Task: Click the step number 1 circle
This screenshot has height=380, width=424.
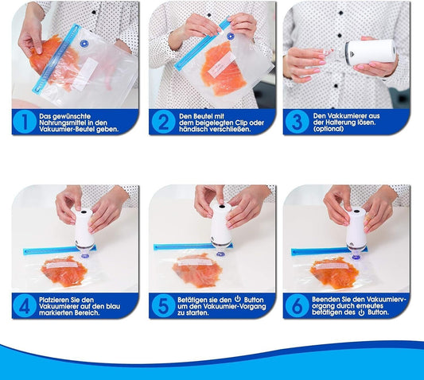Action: pos(25,122)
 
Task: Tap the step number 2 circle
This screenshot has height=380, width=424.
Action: pos(163,122)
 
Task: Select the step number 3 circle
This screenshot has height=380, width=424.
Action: pos(298,122)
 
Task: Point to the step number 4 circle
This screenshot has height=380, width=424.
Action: pos(25,306)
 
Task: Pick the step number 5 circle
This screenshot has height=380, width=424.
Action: pos(163,306)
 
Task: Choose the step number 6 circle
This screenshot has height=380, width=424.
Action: pos(298,306)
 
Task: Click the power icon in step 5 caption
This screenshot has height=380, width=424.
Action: pos(238,299)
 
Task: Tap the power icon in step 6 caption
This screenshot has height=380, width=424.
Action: pos(361,312)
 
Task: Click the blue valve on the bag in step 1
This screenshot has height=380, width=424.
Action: pos(84,44)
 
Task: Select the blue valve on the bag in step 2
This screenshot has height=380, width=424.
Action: pos(231,36)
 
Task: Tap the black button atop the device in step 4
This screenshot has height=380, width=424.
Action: pos(84,211)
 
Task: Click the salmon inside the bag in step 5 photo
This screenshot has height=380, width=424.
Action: pos(197,270)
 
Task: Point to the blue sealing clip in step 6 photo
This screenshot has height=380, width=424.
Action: pos(329,251)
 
